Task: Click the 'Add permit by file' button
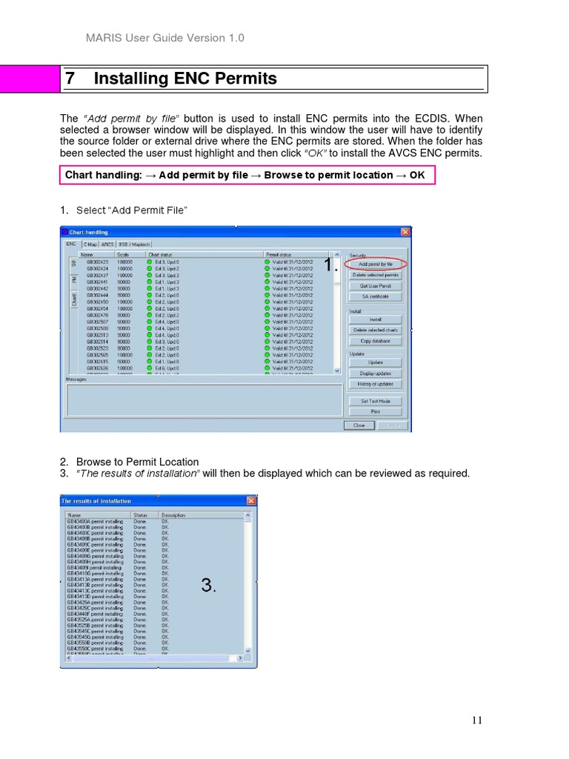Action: tap(375, 263)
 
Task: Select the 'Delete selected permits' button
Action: tap(375, 274)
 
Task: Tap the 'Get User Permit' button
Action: tap(375, 285)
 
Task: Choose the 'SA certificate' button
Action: tap(375, 296)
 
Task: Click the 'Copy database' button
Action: tap(375, 341)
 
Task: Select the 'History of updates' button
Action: tap(375, 384)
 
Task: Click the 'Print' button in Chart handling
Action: tap(375, 411)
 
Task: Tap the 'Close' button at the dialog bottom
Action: tap(359, 425)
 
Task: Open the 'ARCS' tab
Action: tap(107, 243)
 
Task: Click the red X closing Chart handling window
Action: tap(405, 232)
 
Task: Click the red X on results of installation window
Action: tap(250, 501)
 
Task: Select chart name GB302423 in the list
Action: tap(97, 262)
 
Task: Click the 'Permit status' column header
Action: tap(279, 253)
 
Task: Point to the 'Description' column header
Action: tap(173, 514)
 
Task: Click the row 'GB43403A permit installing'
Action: tap(95, 521)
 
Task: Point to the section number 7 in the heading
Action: tap(70, 79)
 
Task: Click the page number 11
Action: tap(476, 720)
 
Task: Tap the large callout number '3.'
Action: tap(208, 586)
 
